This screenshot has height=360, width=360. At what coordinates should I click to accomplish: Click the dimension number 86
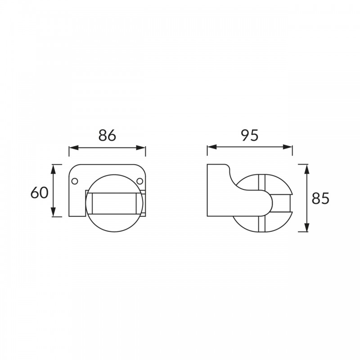click(107, 135)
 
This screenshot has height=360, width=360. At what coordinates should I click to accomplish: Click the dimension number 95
click(250, 135)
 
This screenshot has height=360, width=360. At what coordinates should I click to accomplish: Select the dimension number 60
click(40, 193)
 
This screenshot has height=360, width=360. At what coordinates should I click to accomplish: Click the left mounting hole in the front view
click(75, 181)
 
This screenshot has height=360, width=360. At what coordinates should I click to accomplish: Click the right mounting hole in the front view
click(139, 181)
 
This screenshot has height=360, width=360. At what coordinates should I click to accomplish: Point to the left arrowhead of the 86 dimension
click(74, 148)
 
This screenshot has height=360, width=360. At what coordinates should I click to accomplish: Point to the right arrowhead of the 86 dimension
click(141, 148)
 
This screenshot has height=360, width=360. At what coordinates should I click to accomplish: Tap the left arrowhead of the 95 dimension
click(212, 147)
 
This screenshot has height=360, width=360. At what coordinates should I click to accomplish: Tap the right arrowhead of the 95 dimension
click(288, 147)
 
